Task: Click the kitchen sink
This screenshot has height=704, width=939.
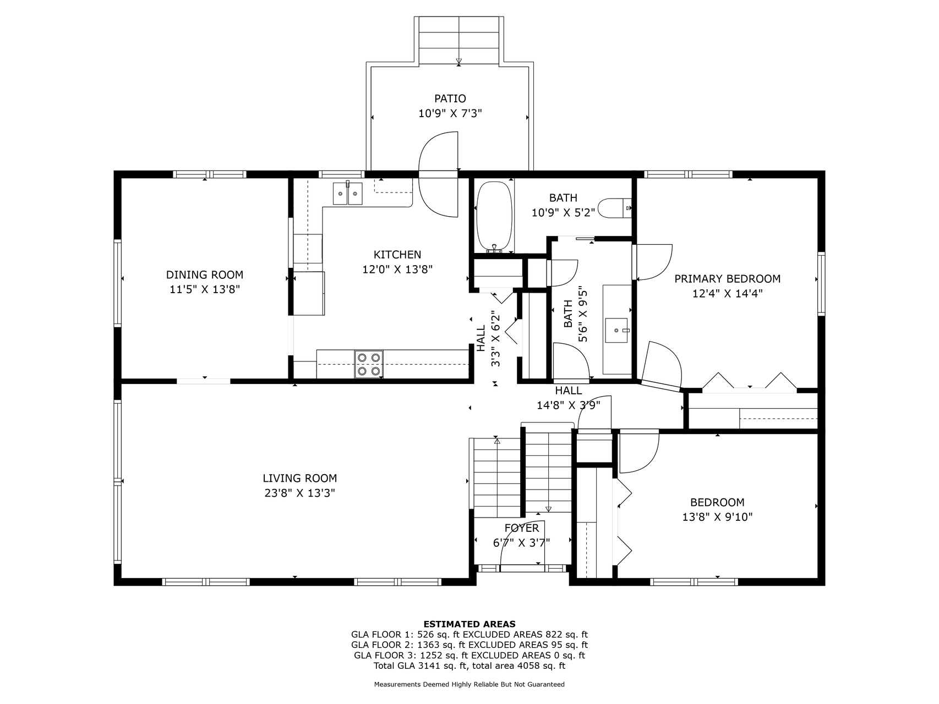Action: [x=347, y=194]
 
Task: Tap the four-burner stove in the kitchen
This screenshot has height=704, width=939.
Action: [x=369, y=364]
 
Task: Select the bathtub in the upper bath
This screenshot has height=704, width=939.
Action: [x=494, y=217]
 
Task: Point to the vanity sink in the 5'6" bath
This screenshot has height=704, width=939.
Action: [x=617, y=330]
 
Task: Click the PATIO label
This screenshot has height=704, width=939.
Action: [x=450, y=98]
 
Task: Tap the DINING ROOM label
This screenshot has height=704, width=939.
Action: [x=205, y=274]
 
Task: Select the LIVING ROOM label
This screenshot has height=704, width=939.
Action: [x=300, y=479]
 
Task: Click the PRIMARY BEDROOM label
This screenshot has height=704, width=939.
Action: [x=728, y=279]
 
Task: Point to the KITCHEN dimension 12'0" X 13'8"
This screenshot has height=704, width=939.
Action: [x=397, y=269]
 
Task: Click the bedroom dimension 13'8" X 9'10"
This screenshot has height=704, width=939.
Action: [x=717, y=517]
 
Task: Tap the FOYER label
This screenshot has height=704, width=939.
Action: [x=522, y=528]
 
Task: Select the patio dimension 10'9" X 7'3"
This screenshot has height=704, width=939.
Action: [x=450, y=113]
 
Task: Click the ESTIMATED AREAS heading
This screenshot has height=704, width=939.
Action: [x=469, y=624]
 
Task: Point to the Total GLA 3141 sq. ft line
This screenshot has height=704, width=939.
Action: [x=469, y=665]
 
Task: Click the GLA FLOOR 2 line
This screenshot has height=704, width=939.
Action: [x=469, y=645]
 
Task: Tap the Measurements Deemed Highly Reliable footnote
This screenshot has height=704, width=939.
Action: [x=469, y=685]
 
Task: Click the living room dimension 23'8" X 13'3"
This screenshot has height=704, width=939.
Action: [x=300, y=493]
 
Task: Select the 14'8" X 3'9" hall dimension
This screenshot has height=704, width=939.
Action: [x=569, y=405]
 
